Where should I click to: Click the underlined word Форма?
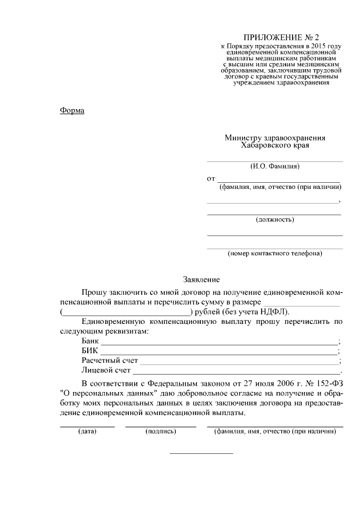[x=72, y=110]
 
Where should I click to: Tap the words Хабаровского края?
[x=275, y=145]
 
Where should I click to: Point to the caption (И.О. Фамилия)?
[x=274, y=166]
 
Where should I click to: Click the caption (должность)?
[x=274, y=219]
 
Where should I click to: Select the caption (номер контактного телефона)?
[x=274, y=253]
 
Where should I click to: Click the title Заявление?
[x=201, y=280]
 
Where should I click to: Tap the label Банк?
[x=90, y=341]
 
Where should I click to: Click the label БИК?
[x=89, y=351]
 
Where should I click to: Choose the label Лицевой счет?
[x=106, y=370]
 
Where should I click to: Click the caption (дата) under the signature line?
[x=87, y=431]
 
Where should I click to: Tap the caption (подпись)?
[x=160, y=431]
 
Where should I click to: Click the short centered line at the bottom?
[x=201, y=453]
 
